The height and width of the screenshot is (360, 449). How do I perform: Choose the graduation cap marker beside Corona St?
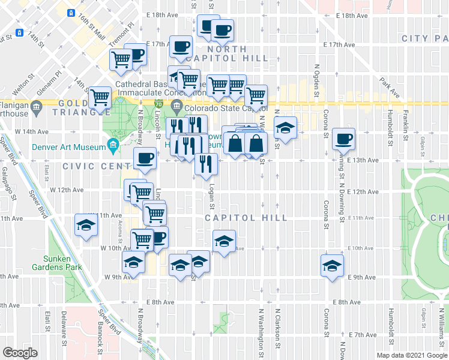click(x=332, y=265)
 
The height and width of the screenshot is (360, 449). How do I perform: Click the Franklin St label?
click(x=405, y=131)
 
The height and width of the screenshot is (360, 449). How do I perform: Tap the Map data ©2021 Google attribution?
click(x=411, y=355)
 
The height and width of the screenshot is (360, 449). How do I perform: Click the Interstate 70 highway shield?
click(x=158, y=104)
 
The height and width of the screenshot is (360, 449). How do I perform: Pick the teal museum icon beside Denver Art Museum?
click(x=112, y=144)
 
